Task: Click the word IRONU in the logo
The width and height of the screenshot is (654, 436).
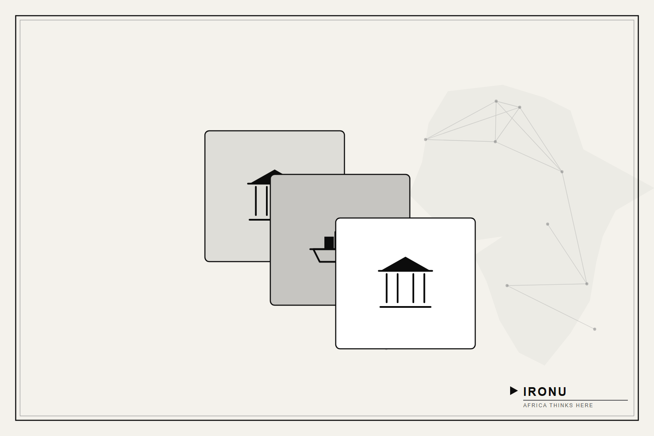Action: (x=545, y=392)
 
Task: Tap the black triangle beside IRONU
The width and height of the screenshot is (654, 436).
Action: (x=514, y=391)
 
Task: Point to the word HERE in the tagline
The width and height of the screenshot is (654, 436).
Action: (x=584, y=405)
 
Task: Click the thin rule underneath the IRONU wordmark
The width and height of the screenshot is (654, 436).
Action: (x=575, y=400)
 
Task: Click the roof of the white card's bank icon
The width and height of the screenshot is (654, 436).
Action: (x=405, y=264)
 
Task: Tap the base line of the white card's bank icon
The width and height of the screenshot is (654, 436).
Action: (x=405, y=307)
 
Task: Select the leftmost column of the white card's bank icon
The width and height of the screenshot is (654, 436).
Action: (x=387, y=288)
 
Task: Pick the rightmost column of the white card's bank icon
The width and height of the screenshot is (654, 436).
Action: (x=424, y=288)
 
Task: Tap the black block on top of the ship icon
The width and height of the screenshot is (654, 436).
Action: (x=329, y=243)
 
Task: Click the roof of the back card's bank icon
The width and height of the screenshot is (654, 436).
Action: (x=264, y=177)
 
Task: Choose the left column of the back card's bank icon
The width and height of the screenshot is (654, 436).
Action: (x=256, y=201)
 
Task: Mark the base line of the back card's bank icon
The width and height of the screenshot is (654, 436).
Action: (x=259, y=220)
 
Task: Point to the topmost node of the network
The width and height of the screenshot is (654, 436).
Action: (x=496, y=101)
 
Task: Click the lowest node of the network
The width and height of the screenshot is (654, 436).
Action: (x=594, y=329)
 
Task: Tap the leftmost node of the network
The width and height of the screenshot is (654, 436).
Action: (x=426, y=140)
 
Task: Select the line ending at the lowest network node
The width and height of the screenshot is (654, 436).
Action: (x=551, y=307)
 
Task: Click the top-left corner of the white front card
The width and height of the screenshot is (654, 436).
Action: (x=336, y=218)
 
